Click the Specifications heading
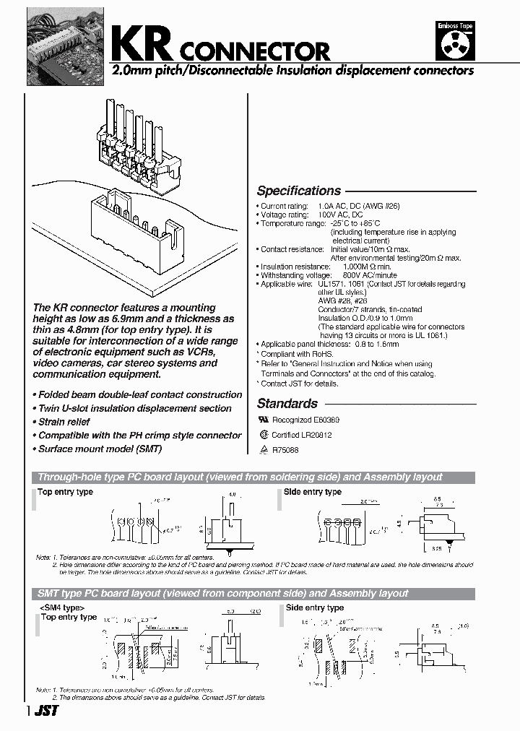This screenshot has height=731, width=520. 298,191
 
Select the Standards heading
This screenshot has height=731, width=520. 287,404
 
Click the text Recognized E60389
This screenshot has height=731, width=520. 305,420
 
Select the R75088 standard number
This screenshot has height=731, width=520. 287,449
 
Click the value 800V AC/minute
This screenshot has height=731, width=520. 346,275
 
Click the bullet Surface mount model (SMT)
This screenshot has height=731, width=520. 100,449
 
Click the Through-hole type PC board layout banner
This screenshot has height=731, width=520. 239,477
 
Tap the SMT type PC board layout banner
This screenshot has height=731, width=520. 222,593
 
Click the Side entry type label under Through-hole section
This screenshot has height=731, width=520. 313,492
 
